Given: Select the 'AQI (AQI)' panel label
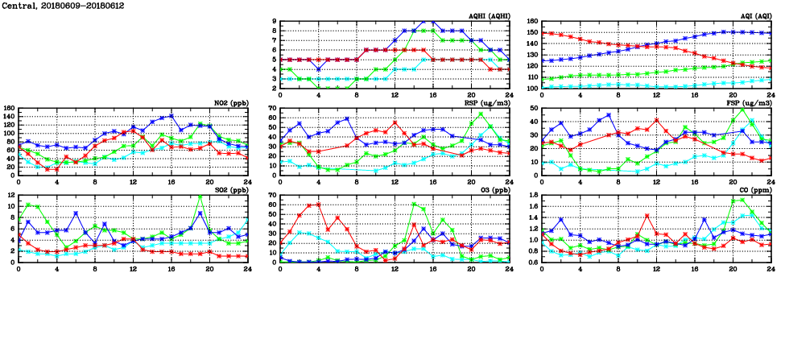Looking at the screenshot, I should coord(754,16).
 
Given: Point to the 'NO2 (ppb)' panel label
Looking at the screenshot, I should coord(229,103).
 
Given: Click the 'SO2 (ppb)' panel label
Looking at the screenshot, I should coord(229,190).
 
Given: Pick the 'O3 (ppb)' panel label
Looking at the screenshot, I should coord(492,190).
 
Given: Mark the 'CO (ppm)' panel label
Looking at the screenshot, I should coord(753,190).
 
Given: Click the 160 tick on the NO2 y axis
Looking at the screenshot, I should coord(9,108).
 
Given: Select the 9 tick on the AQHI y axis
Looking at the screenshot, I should coord(275,21).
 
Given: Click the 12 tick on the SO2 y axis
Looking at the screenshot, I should coord(10,195).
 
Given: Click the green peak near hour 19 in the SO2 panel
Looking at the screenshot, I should coord(200,197).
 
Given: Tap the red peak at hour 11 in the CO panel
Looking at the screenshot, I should coord(647,216).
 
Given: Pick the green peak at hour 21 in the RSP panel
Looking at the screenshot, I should coord(481,114).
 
